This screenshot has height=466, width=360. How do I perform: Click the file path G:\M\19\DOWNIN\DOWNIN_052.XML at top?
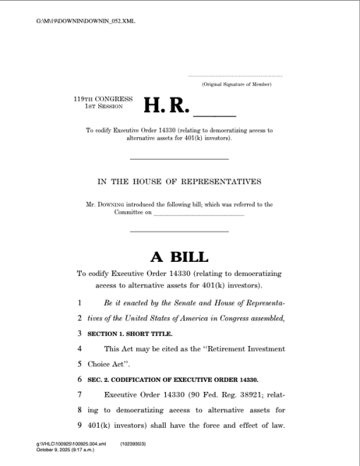pos(85,21)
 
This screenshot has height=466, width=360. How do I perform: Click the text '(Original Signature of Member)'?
pos(236,84)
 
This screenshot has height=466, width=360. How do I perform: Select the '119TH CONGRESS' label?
pos(103,98)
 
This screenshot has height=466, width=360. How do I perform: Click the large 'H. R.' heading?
pos(167,105)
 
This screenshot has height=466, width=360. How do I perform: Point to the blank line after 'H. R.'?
pos(215,113)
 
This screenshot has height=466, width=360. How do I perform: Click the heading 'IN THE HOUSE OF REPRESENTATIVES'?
pos(179,181)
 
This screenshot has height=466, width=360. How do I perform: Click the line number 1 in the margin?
pos(80,302)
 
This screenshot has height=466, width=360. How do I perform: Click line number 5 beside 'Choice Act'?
pos(80,364)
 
